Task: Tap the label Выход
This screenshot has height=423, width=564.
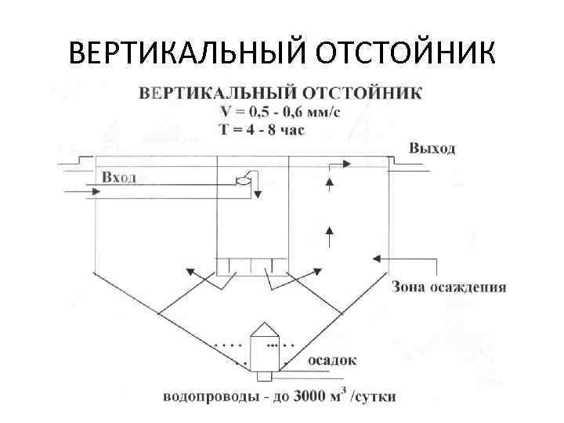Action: click(431, 148)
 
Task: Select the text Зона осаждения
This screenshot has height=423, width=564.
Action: click(449, 287)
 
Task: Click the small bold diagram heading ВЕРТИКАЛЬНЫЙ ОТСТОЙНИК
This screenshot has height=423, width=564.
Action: click(280, 93)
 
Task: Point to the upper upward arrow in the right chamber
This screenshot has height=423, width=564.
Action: click(330, 183)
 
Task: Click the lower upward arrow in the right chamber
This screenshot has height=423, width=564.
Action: click(330, 230)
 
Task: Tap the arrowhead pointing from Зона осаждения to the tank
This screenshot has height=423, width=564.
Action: click(378, 256)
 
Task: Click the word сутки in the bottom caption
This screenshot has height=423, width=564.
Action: click(377, 396)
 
